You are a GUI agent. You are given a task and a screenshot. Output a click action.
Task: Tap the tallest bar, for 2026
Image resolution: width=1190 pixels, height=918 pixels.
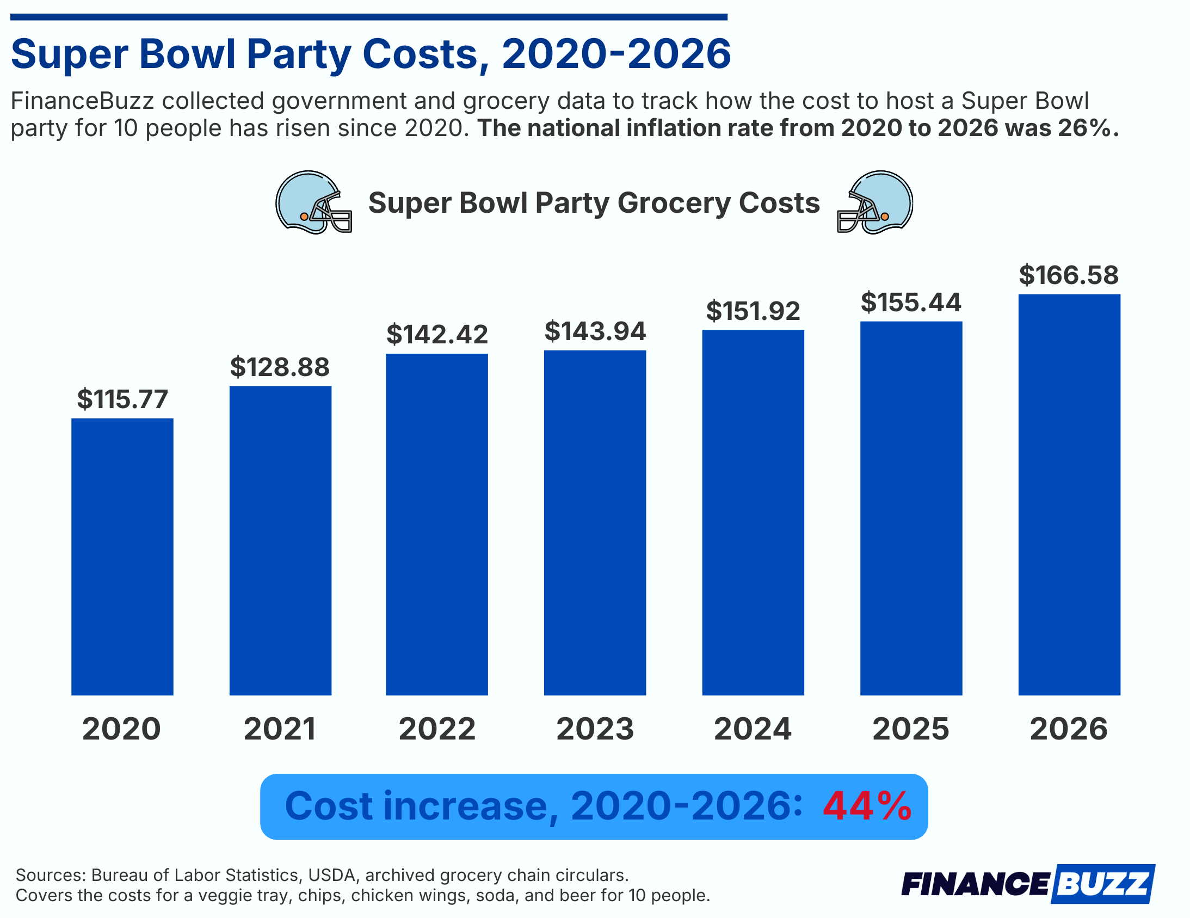coord(1069,494)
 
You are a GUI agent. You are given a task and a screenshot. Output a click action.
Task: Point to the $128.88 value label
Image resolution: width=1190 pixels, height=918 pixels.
coord(280,367)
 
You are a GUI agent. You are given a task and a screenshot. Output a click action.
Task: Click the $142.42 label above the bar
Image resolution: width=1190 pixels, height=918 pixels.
coord(437,334)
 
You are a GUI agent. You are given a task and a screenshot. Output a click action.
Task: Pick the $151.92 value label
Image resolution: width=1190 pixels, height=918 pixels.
coord(753,311)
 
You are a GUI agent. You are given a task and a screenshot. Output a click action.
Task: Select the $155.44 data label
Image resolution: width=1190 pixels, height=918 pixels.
coord(910,303)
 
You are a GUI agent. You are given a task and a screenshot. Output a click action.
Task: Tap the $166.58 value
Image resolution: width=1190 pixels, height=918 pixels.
coord(1069,275)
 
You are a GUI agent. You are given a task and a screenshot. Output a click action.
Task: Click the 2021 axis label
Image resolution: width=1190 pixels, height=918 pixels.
coord(280,729)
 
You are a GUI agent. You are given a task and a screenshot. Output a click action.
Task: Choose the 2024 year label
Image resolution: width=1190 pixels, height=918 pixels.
coord(753,729)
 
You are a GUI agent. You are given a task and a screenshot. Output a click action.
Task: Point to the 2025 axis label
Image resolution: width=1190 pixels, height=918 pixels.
coord(910,729)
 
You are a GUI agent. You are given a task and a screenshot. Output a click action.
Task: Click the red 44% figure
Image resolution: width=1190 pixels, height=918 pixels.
coord(866,806)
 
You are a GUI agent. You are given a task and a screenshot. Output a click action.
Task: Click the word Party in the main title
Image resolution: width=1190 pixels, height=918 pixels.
coord(298,54)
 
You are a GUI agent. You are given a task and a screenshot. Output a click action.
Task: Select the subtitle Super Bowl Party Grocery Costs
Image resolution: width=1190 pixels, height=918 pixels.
coord(593,202)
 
